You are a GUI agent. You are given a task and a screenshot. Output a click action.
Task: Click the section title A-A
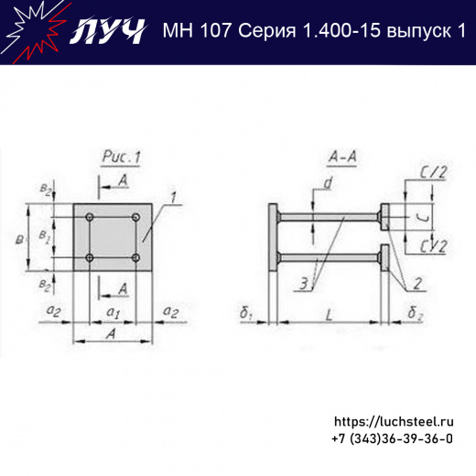pyautogui.click(x=341, y=158)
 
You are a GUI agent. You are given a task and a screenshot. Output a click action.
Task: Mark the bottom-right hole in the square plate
pyautogui.click(x=135, y=259)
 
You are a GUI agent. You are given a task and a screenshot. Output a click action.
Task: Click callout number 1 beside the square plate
pyautogui.click(x=170, y=199)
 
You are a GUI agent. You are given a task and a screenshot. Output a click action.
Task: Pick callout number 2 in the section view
pyautogui.click(x=416, y=283)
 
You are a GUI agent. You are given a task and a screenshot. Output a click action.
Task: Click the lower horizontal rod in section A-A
pyautogui.click(x=329, y=254)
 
